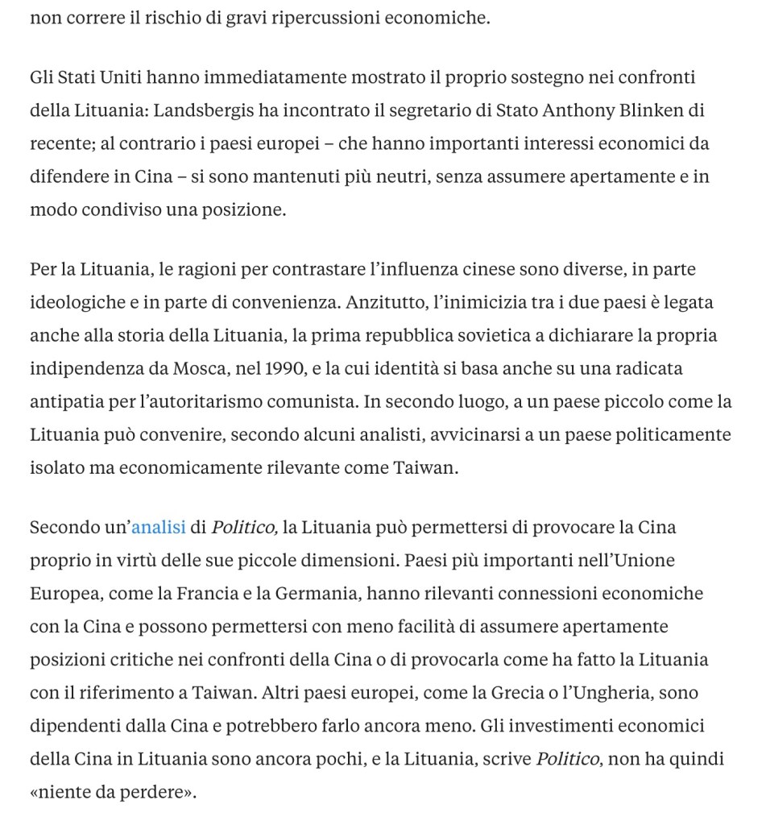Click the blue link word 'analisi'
(x=158, y=528)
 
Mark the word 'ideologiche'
(x=75, y=302)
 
